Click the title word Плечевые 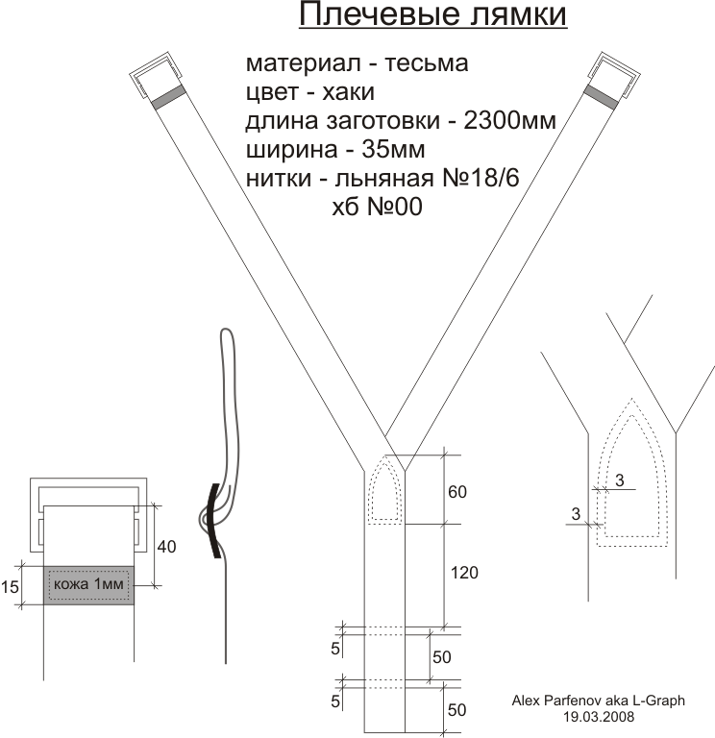(x=379, y=14)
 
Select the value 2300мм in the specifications (x=509, y=120)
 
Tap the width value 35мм (x=393, y=149)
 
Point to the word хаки (x=348, y=92)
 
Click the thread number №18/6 (x=481, y=178)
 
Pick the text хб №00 (x=377, y=207)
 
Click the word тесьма (x=427, y=63)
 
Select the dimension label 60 (x=457, y=492)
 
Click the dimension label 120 (x=464, y=573)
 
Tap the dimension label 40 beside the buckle (x=166, y=547)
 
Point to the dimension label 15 (x=10, y=587)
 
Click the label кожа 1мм (x=88, y=584)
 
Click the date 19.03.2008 (x=599, y=717)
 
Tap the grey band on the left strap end (x=168, y=97)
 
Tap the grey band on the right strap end (x=601, y=96)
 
